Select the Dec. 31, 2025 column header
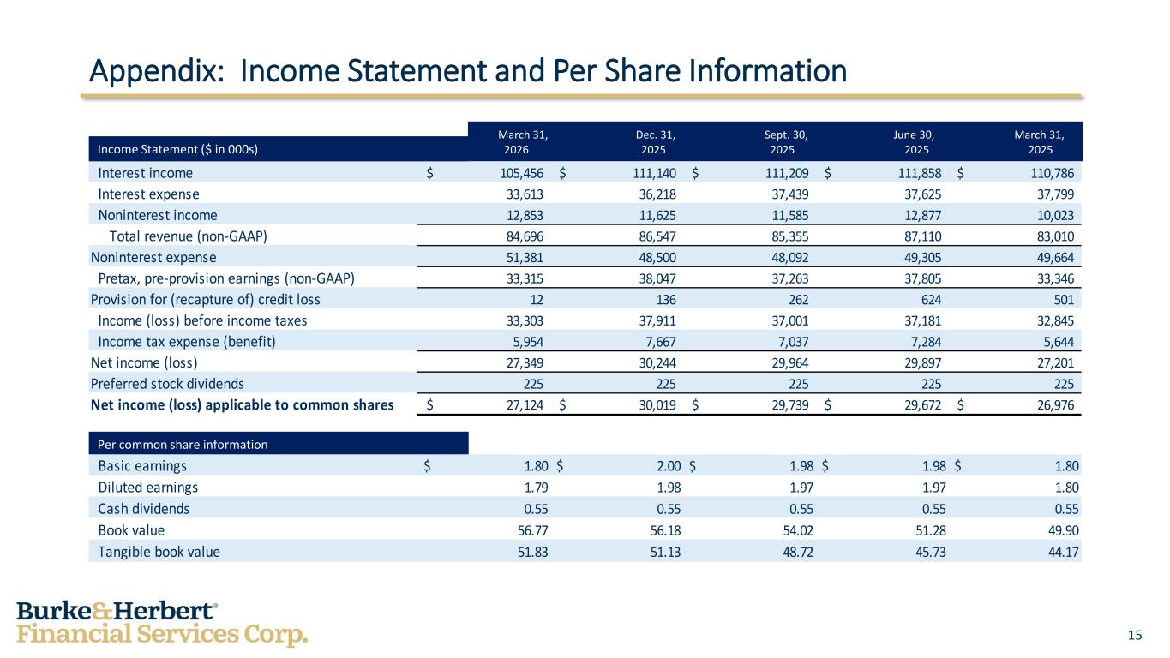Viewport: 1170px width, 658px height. (x=656, y=141)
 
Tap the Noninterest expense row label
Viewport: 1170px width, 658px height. (x=153, y=257)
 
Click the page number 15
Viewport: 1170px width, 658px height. (x=1135, y=635)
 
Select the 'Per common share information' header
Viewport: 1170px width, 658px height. (x=183, y=445)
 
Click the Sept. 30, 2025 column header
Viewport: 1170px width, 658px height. (x=789, y=141)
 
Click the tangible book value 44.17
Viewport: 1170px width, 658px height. (x=1063, y=552)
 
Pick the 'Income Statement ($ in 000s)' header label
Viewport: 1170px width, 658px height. (x=178, y=148)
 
